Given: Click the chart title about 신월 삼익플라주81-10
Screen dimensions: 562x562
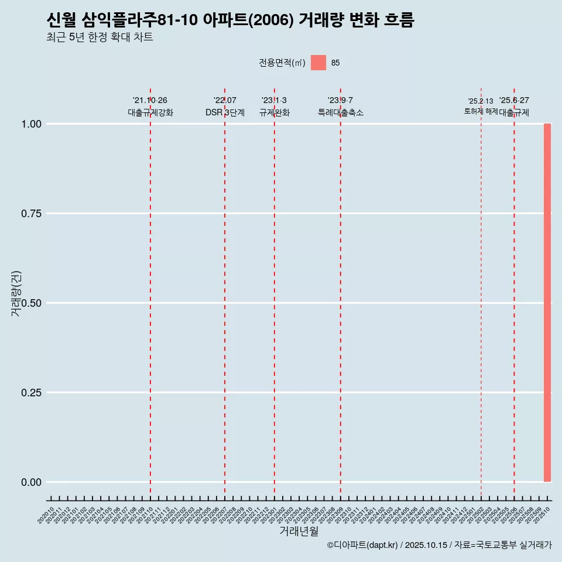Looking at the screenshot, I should (230, 20).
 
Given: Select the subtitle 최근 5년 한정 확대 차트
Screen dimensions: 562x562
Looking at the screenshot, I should (100, 37).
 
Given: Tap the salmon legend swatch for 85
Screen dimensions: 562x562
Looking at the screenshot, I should (318, 63).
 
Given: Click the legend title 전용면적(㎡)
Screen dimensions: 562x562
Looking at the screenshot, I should (282, 63).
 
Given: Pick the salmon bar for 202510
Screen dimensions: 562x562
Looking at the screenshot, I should (547, 303).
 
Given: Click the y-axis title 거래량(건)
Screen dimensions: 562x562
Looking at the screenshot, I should (16, 294).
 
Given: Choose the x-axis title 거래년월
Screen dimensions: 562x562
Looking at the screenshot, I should (299, 531).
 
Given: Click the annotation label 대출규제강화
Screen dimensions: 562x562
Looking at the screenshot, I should (150, 113).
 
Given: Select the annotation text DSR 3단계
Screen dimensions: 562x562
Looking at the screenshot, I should (225, 113).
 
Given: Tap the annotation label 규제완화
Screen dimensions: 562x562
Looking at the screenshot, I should (274, 113).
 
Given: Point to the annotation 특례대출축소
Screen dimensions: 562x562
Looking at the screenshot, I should (340, 113).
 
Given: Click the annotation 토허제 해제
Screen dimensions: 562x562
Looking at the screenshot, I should (481, 111).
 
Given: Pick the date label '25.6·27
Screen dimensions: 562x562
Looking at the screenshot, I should (514, 101).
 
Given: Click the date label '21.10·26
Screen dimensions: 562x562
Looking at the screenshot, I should (150, 101).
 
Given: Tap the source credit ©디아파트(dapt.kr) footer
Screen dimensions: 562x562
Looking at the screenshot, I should (439, 545).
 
